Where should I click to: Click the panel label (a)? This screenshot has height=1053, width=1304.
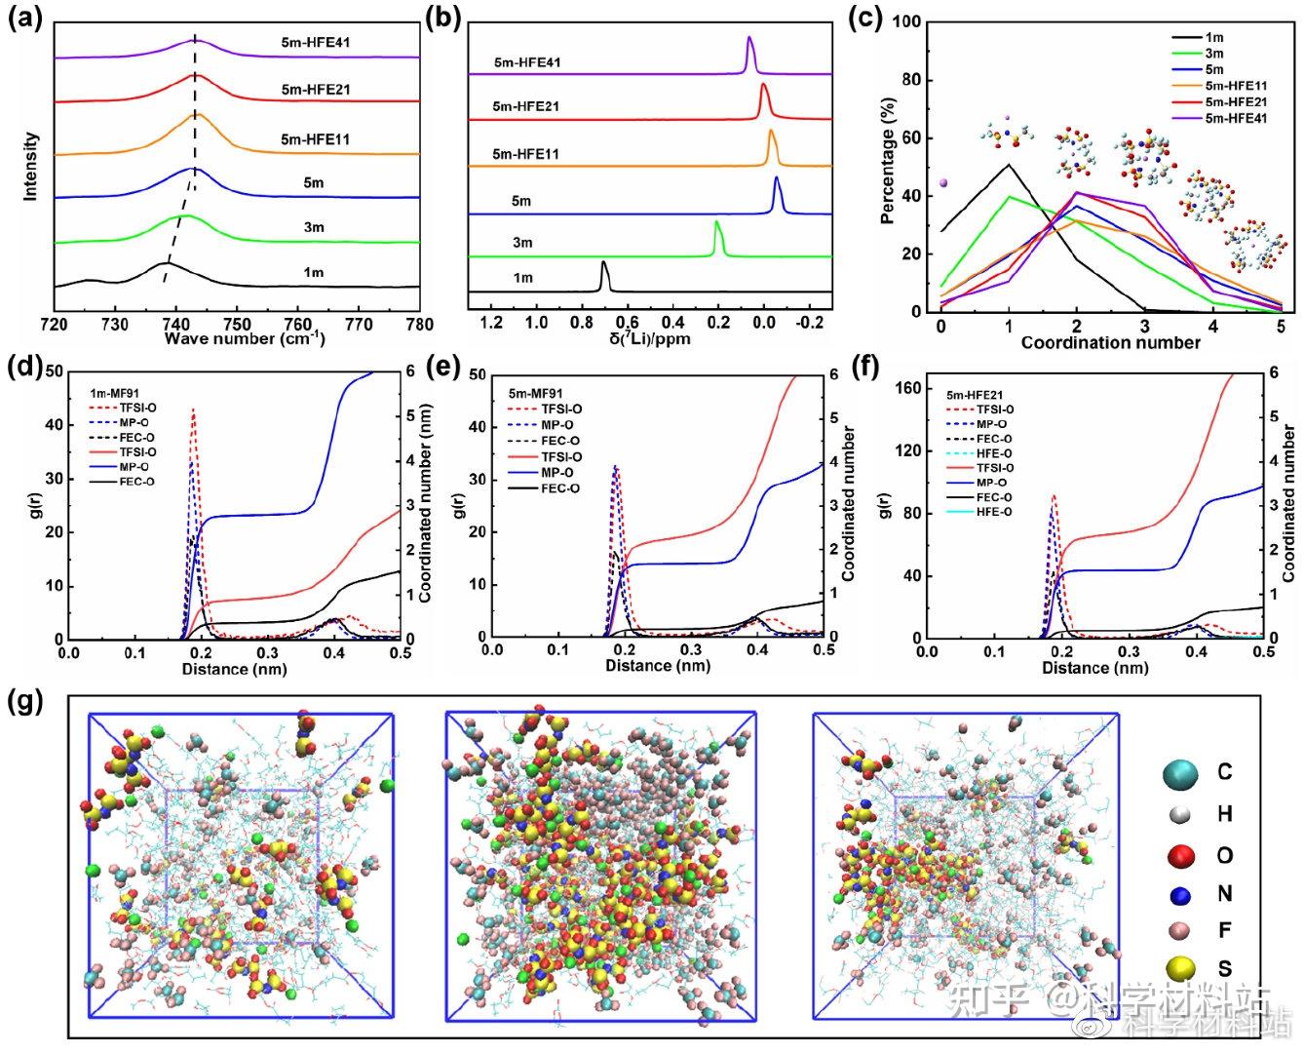point(23,19)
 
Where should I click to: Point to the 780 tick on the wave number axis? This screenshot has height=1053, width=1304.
point(419,325)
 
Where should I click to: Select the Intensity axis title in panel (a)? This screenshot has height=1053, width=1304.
point(32,167)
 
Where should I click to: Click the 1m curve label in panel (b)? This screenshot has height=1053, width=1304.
point(523,278)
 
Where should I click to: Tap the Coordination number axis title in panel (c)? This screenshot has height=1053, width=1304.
point(1110,342)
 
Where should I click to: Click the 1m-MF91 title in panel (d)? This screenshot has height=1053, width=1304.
point(116,393)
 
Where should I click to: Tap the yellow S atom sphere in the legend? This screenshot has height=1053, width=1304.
point(1181,967)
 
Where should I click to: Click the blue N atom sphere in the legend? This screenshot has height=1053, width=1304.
point(1180,894)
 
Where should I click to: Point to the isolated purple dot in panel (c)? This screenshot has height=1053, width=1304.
point(942,182)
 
